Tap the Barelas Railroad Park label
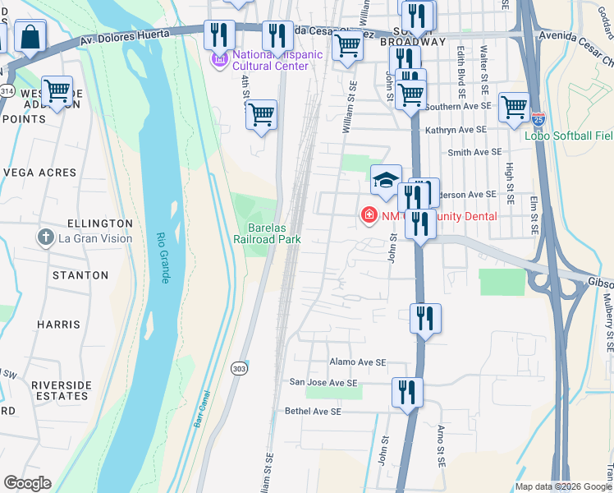(x=275, y=233)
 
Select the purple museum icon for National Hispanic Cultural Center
(x=219, y=59)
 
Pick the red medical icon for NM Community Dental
(x=369, y=216)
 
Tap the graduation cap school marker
(x=385, y=181)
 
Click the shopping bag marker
(x=30, y=37)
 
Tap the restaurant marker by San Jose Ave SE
(x=407, y=391)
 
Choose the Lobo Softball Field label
(x=569, y=136)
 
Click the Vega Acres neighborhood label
(x=39, y=173)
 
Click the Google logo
(x=27, y=483)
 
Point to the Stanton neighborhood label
(x=80, y=275)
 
